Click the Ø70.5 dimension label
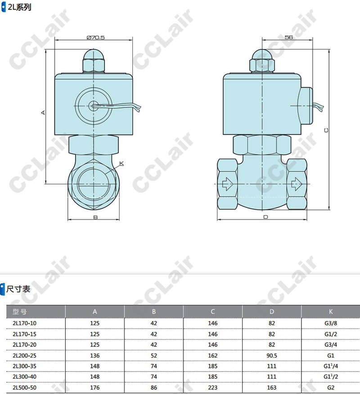(x=95, y=37)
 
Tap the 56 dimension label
(x=288, y=37)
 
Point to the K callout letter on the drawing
(x=121, y=164)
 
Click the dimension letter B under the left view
(x=95, y=217)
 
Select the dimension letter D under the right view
(x=265, y=217)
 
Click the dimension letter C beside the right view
(x=326, y=130)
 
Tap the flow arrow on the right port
(x=297, y=184)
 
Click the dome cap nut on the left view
(x=94, y=61)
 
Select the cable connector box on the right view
(x=305, y=106)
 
